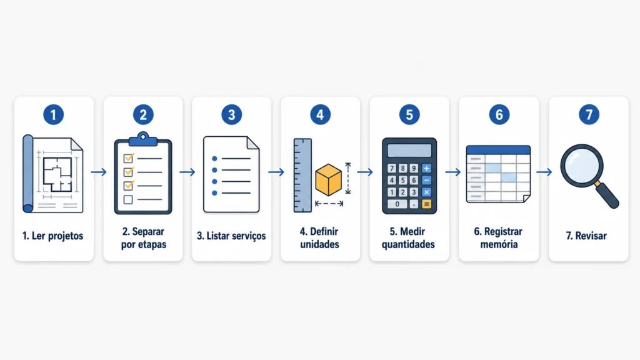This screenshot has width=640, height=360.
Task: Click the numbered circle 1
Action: [x=54, y=115]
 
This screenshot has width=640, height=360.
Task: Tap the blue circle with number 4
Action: [x=321, y=115]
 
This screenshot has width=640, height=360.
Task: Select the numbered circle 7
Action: [x=589, y=115]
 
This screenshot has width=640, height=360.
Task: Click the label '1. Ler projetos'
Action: [x=52, y=236]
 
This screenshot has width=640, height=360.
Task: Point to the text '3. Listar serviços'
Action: [x=231, y=236]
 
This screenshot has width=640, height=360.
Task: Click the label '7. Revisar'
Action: [x=586, y=236]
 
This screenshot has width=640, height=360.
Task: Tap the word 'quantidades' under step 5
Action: [x=408, y=244]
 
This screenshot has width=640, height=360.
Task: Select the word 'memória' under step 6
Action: [x=499, y=244]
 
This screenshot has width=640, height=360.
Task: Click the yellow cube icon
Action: [x=329, y=180]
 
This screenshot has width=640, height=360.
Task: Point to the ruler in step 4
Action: [x=302, y=176]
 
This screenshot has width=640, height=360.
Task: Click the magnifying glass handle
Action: [x=607, y=195]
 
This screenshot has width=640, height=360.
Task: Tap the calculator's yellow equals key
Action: [x=426, y=204]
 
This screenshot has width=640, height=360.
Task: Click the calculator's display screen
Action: [x=409, y=150]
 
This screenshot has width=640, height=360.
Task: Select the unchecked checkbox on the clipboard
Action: [x=128, y=199]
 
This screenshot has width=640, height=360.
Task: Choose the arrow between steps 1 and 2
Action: [x=99, y=172]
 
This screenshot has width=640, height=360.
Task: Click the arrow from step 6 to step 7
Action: [x=544, y=172]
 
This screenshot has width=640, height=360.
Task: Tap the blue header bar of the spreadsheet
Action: [x=498, y=150]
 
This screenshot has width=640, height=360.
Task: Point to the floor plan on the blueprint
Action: [x=57, y=174]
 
